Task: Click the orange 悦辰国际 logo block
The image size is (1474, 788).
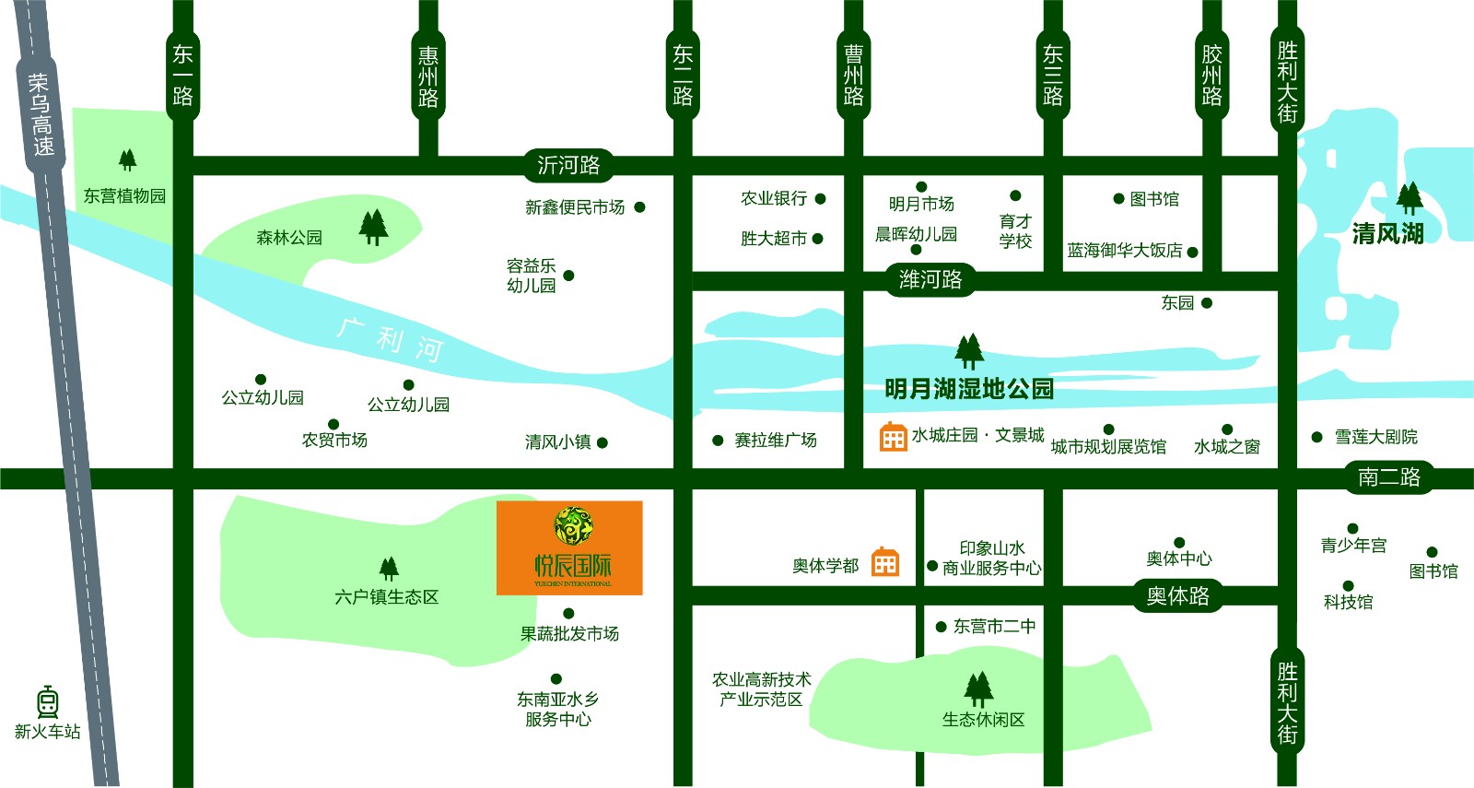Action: [569, 547]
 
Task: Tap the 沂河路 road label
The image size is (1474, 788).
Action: [568, 165]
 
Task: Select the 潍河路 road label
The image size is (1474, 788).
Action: [930, 278]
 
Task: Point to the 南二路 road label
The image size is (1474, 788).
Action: [1389, 477]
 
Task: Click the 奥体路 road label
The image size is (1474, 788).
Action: [1177, 596]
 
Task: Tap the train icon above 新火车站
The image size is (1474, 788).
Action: [48, 702]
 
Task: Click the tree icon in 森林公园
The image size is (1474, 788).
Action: [373, 227]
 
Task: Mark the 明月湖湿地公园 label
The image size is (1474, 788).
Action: [969, 389]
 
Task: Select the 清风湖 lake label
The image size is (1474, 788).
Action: [1387, 234]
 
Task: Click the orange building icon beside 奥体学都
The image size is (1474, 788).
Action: [885, 561]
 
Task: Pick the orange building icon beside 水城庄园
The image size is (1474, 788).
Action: [893, 437]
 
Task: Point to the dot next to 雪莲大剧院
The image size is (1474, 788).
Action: [1317, 437]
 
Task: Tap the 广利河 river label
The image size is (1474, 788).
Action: [391, 340]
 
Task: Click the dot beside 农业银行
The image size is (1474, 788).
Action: [820, 198]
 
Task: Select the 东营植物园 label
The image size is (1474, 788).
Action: [124, 195]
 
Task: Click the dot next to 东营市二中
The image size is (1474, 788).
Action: [941, 627]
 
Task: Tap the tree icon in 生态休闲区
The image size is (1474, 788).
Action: [978, 688]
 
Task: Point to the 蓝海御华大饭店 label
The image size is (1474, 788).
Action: [1124, 251]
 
